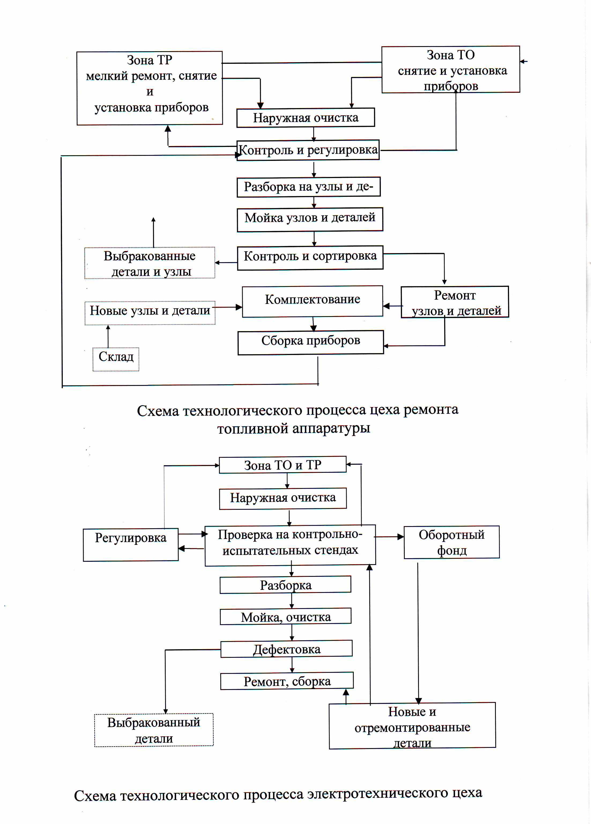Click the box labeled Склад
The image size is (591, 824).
[x=116, y=359]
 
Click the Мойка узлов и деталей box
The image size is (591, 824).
[x=310, y=219]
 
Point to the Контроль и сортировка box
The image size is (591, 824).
[x=310, y=258]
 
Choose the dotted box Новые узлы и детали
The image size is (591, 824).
[x=150, y=313]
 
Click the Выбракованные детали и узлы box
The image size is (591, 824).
[x=150, y=263]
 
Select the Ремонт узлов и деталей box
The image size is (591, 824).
[x=455, y=302]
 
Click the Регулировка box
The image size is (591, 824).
[x=131, y=545]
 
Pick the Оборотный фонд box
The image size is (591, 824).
[x=452, y=542]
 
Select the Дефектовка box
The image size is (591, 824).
[x=287, y=649]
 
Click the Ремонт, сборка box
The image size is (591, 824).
[x=287, y=681]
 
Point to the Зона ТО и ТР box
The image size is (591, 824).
[x=283, y=465]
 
